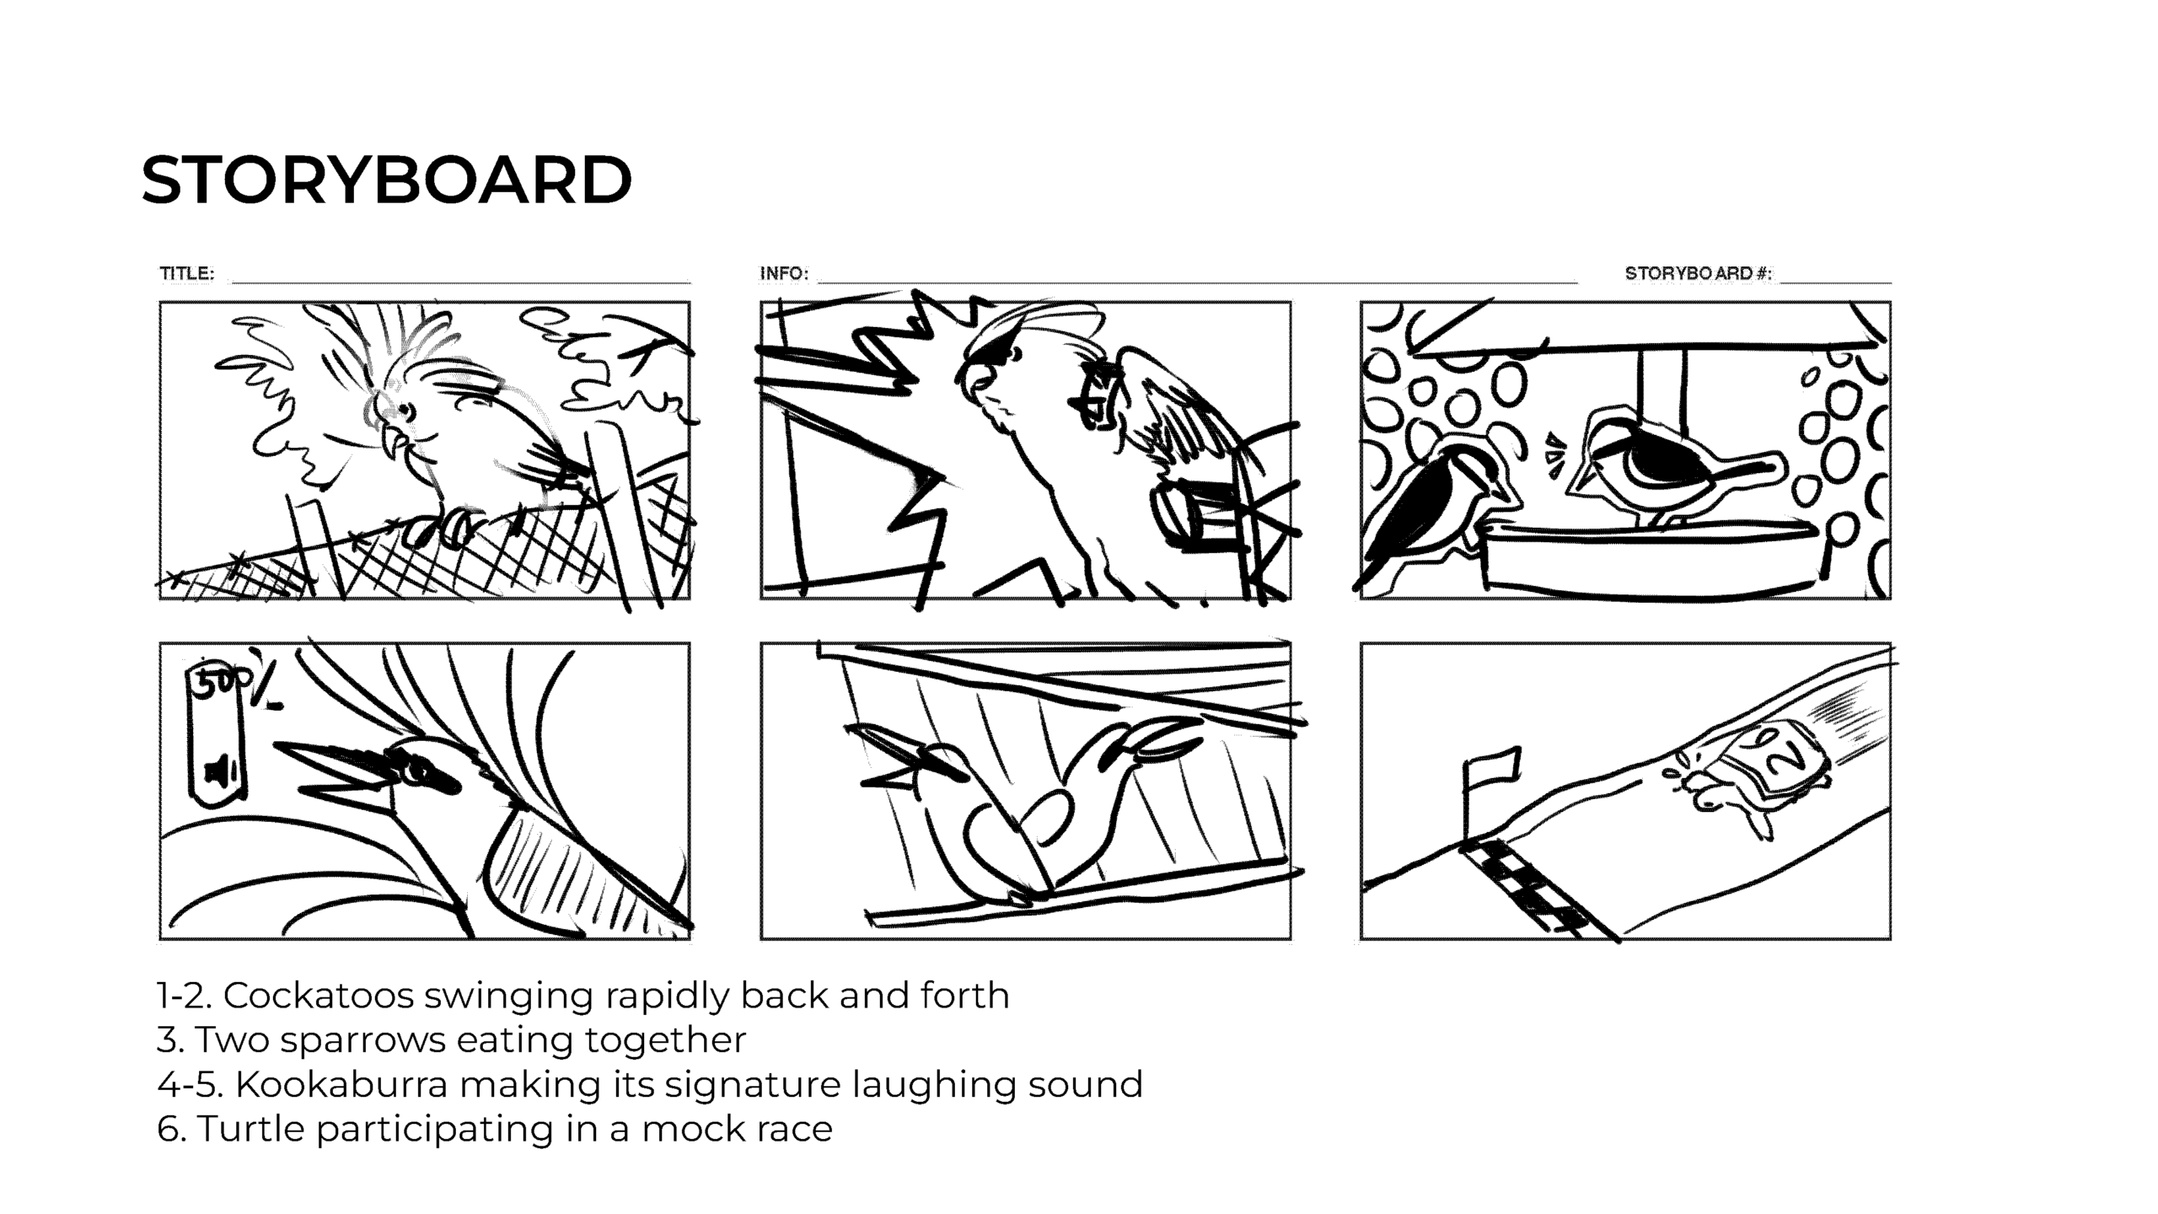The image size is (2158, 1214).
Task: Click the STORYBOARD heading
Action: (x=386, y=180)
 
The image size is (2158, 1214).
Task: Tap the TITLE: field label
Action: (x=187, y=273)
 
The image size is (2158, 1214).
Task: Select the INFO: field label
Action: (x=784, y=273)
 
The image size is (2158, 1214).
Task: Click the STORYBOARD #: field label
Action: (x=1698, y=273)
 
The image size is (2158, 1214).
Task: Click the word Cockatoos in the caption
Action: (x=319, y=996)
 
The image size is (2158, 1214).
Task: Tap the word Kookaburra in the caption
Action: (x=341, y=1084)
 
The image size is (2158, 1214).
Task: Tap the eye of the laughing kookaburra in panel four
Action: (x=416, y=770)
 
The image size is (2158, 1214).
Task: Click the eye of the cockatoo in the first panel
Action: (x=407, y=411)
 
